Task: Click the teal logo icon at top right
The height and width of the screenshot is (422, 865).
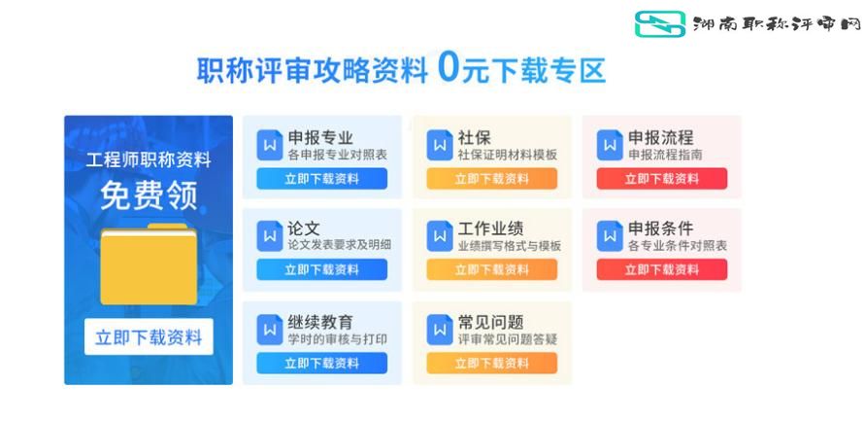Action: tap(660, 24)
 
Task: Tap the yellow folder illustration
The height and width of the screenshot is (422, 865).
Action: tap(149, 264)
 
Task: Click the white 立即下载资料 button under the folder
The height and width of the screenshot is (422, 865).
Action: tap(149, 337)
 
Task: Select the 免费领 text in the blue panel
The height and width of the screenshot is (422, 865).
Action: tap(149, 195)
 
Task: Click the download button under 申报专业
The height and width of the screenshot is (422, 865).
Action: tap(322, 179)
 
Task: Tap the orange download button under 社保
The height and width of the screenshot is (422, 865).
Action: tap(492, 179)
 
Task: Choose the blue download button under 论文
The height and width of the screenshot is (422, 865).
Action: tap(322, 269)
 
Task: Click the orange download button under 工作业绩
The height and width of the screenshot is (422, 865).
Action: tap(492, 269)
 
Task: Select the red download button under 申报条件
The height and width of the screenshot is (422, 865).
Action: tap(662, 269)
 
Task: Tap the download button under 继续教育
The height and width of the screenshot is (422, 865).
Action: tap(322, 364)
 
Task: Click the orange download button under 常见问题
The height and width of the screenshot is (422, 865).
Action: tap(492, 364)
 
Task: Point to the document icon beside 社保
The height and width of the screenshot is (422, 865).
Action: tap(440, 145)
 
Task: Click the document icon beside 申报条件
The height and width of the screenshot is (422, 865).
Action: tap(610, 236)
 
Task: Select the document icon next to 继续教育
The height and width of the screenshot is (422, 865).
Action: tap(270, 330)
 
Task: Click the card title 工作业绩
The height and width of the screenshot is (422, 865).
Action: tap(490, 229)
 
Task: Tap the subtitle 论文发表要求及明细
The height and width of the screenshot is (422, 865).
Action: tap(339, 245)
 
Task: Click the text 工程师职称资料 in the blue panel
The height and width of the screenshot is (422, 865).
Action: tap(149, 160)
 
